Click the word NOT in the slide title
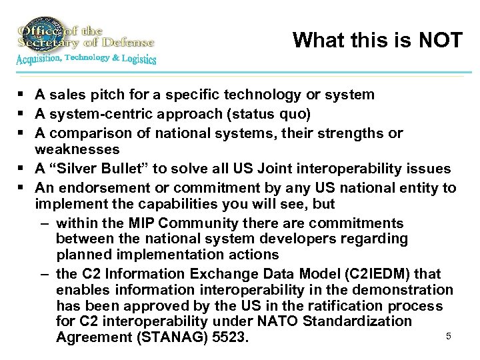(x=438, y=41)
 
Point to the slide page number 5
(x=448, y=335)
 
